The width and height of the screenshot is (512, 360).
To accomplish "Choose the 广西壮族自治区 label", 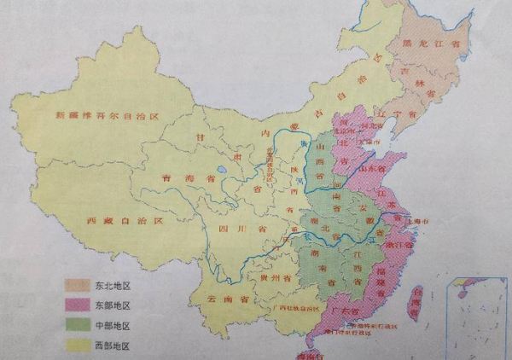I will pyautogui.click(x=298, y=308).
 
